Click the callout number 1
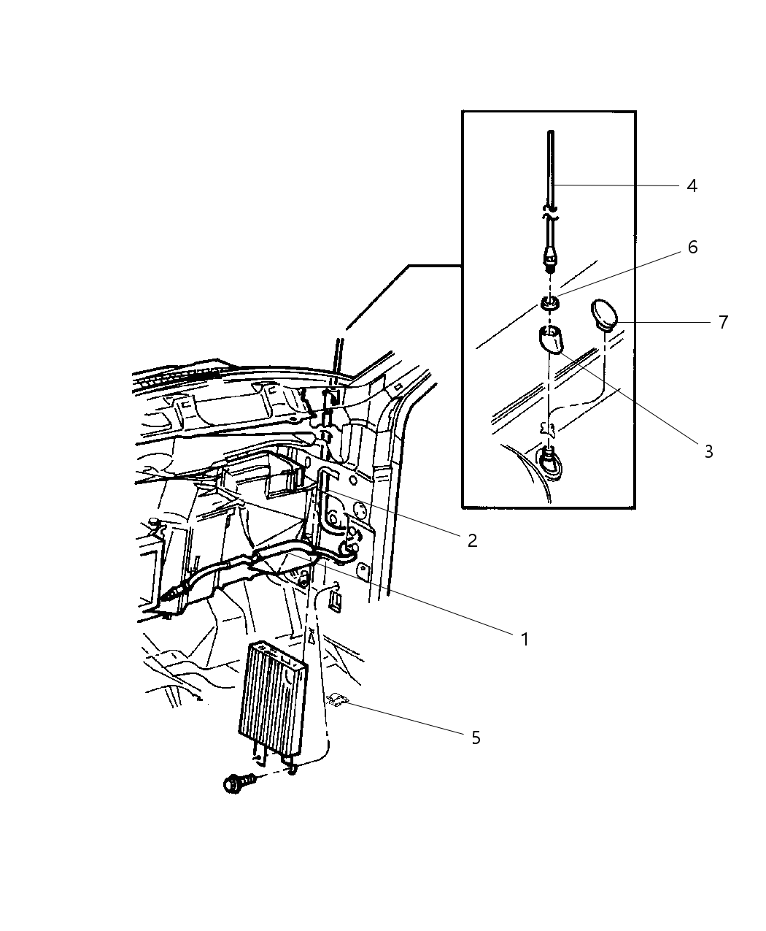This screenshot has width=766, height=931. click(524, 640)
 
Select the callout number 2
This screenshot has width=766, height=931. click(472, 540)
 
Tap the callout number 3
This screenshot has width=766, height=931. click(707, 452)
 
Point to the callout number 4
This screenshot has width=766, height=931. click(692, 186)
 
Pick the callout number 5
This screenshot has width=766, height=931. click(476, 737)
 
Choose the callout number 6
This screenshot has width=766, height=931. click(692, 248)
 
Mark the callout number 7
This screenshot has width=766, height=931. click(722, 322)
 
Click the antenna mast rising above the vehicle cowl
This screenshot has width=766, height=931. click(339, 358)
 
